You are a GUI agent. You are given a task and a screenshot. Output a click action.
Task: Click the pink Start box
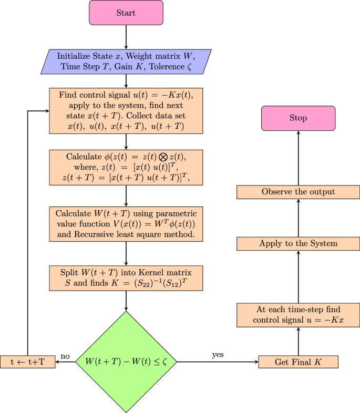(x=126, y=13)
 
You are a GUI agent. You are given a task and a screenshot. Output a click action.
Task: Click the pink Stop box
(x=298, y=118)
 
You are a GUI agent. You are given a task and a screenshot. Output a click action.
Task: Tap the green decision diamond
(x=126, y=362)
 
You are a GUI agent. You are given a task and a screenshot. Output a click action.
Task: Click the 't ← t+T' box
(x=28, y=362)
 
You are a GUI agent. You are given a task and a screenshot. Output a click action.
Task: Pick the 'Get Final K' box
(x=298, y=362)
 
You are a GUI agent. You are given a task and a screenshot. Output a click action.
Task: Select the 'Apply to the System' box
(x=298, y=243)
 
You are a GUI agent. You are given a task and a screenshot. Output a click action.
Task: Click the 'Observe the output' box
(x=298, y=192)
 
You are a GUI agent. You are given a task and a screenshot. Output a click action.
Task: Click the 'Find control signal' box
(x=126, y=111)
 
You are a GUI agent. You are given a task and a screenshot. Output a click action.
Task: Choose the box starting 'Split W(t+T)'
(x=126, y=278)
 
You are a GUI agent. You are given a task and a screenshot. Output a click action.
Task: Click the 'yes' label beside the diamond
(x=218, y=355)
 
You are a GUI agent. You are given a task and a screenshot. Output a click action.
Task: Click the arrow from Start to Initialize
(x=126, y=37)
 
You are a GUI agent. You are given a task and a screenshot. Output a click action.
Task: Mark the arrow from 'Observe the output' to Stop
(x=298, y=158)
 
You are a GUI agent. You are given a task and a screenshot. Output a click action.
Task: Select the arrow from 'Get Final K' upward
(x=298, y=342)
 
